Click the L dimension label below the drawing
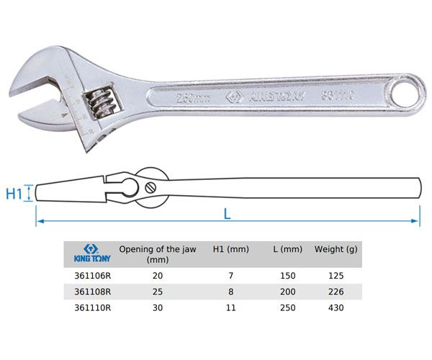coord(227,214)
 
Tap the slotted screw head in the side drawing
coord(152,186)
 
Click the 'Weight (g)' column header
coord(336,250)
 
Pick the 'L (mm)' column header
coord(287,250)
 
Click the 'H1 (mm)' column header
coord(231,250)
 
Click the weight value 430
coord(336,307)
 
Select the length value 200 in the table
coord(287,292)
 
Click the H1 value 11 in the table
coord(231,307)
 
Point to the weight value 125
coord(336,276)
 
